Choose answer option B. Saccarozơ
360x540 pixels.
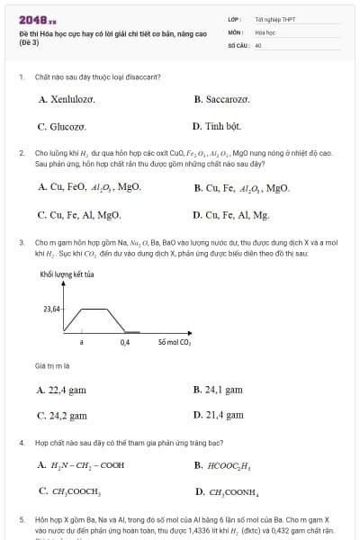221,100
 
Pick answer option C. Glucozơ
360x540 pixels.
62,127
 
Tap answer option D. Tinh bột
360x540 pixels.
217,127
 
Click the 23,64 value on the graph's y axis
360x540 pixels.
51,309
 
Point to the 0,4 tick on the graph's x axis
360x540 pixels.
125,343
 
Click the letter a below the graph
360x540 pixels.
81,343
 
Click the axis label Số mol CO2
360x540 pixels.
175,343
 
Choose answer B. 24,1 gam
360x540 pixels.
218,390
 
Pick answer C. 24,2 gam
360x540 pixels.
62,416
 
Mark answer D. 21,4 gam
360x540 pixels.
219,416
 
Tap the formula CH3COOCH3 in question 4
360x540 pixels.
76,492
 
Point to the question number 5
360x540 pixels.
21,520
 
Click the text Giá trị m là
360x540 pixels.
52,366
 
